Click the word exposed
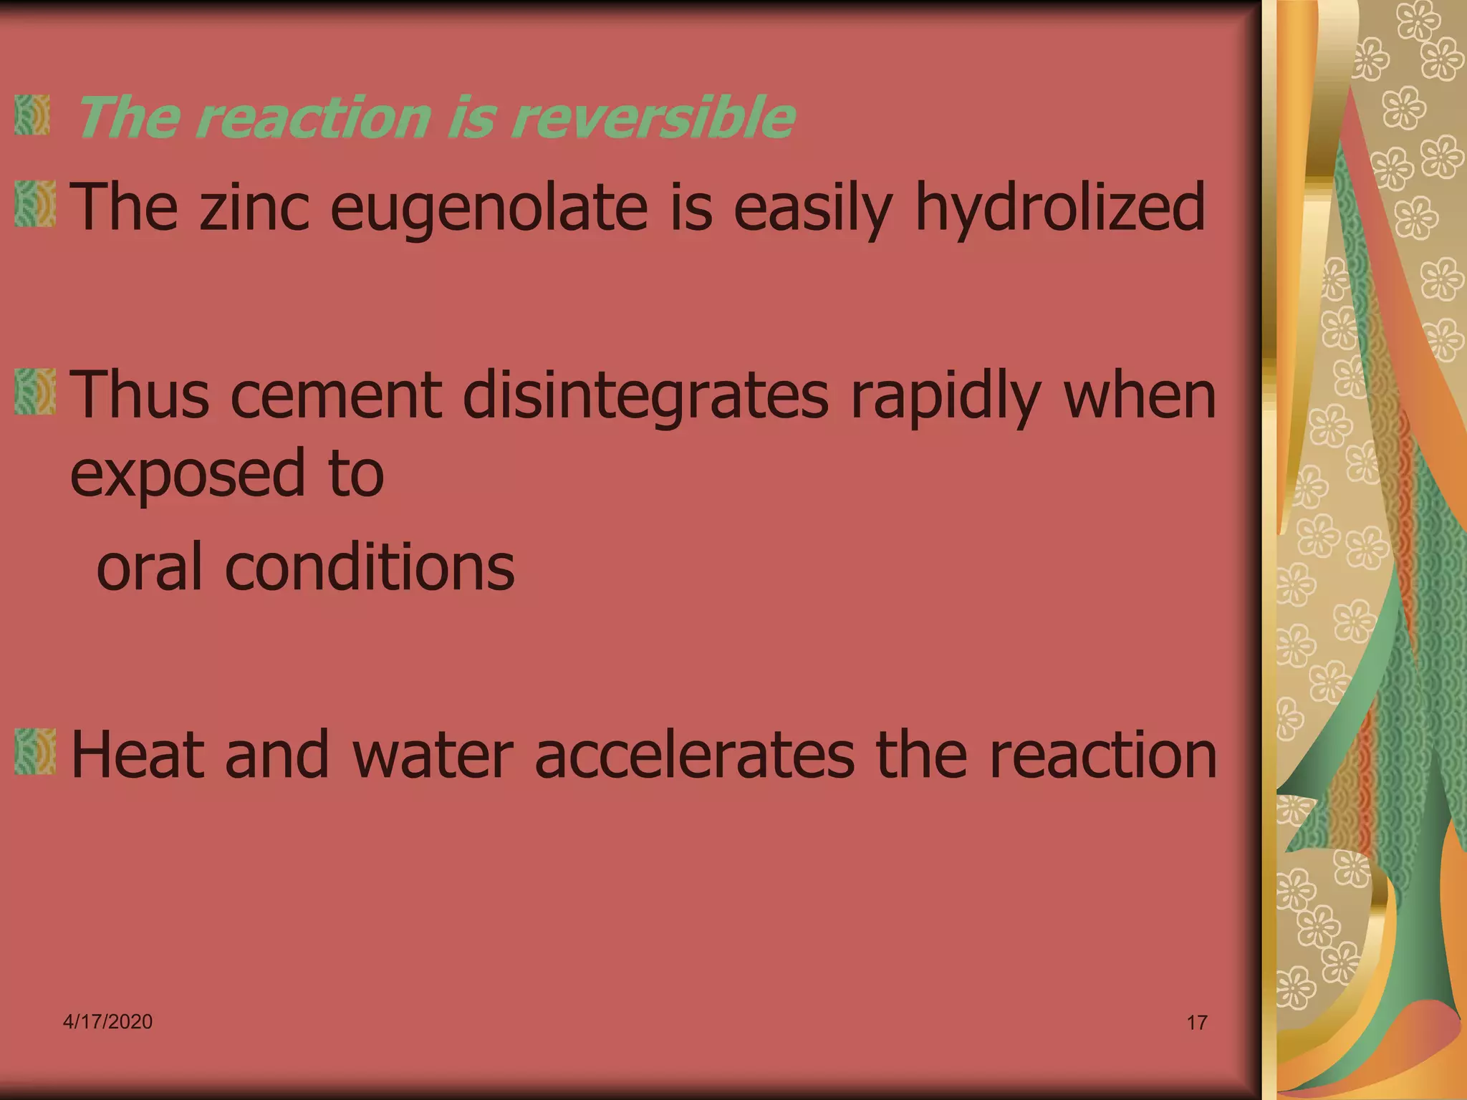(188, 474)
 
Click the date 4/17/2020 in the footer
(107, 1021)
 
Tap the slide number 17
(1197, 1023)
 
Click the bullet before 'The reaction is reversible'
(32, 115)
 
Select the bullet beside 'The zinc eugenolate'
(34, 204)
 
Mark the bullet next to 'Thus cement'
(34, 392)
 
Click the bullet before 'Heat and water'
(34, 751)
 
